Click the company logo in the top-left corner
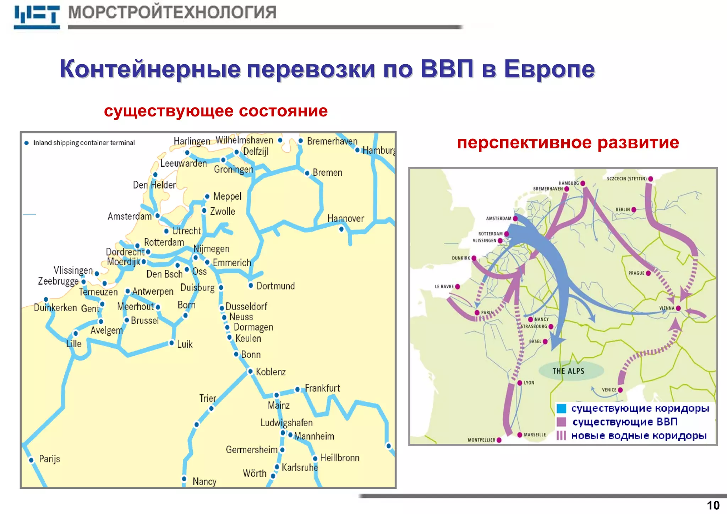(37, 17)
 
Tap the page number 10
(713, 505)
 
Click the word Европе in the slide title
(549, 69)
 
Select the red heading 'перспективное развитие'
(568, 143)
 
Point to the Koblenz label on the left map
(270, 372)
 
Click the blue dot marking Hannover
(341, 229)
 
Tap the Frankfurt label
(322, 388)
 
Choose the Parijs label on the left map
(49, 459)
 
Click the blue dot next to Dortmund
(251, 285)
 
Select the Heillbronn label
(340, 458)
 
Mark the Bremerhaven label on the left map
(332, 141)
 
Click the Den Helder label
(154, 185)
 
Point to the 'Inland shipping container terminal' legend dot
(26, 143)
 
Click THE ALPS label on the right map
(568, 371)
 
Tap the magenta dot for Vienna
(678, 308)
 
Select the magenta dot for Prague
(648, 273)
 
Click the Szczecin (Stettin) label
(627, 179)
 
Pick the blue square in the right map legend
(561, 409)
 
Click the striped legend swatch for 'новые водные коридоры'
(561, 436)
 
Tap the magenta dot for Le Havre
(458, 286)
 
